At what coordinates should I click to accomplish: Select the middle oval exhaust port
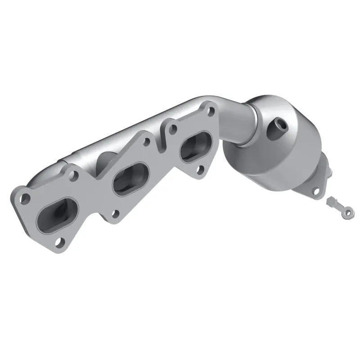click(x=131, y=177)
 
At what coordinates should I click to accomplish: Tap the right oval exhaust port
click(x=195, y=146)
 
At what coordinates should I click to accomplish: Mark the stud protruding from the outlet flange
click(x=330, y=171)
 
